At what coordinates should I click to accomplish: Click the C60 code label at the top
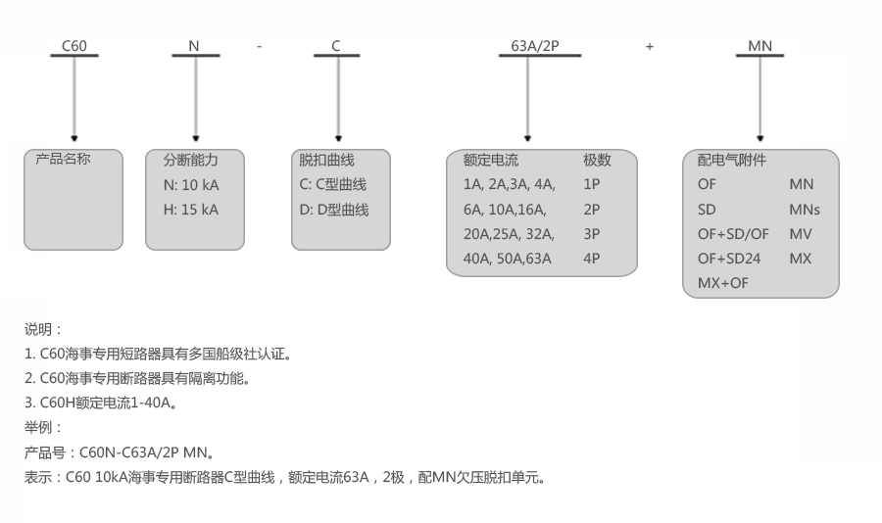[74, 45]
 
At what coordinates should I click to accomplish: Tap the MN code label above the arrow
[759, 45]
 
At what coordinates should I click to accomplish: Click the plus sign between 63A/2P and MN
[650, 46]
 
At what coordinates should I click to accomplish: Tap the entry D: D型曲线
[334, 209]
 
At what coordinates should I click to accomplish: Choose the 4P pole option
[592, 259]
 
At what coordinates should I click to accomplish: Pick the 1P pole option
[592, 184]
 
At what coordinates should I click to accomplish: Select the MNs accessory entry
[804, 209]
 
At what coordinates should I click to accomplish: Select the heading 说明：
[43, 329]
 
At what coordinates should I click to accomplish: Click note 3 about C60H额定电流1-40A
[101, 403]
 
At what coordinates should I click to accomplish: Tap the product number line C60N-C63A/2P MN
[119, 452]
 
